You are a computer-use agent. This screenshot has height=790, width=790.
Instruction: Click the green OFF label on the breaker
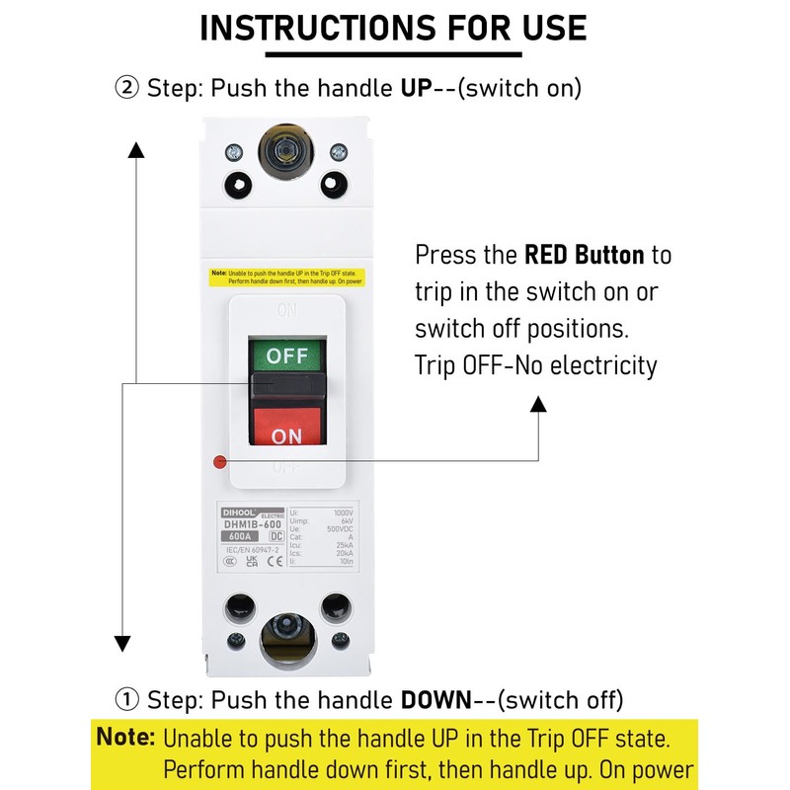[287, 355]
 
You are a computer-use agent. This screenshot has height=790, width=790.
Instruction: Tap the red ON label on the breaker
[287, 434]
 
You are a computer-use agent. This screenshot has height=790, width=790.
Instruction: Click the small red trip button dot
[219, 461]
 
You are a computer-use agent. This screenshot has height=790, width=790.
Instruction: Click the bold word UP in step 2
[416, 88]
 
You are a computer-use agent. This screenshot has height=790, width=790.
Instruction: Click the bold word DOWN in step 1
[436, 701]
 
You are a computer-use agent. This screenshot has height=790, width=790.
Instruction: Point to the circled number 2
[127, 88]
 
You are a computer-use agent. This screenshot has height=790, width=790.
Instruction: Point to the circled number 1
[127, 701]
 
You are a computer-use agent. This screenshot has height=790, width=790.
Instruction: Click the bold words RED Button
[584, 255]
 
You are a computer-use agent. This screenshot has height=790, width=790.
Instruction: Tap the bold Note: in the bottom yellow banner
[126, 737]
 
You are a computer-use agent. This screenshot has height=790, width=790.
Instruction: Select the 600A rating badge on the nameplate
[240, 536]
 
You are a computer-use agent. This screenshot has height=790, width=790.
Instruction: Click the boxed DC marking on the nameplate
[276, 536]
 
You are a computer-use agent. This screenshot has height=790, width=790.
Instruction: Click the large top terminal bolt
[285, 149]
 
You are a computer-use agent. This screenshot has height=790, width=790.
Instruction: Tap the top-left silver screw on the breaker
[234, 152]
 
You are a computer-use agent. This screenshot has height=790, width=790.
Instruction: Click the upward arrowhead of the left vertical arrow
[136, 149]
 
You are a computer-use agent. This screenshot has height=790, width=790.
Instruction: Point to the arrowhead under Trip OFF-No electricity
[538, 403]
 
